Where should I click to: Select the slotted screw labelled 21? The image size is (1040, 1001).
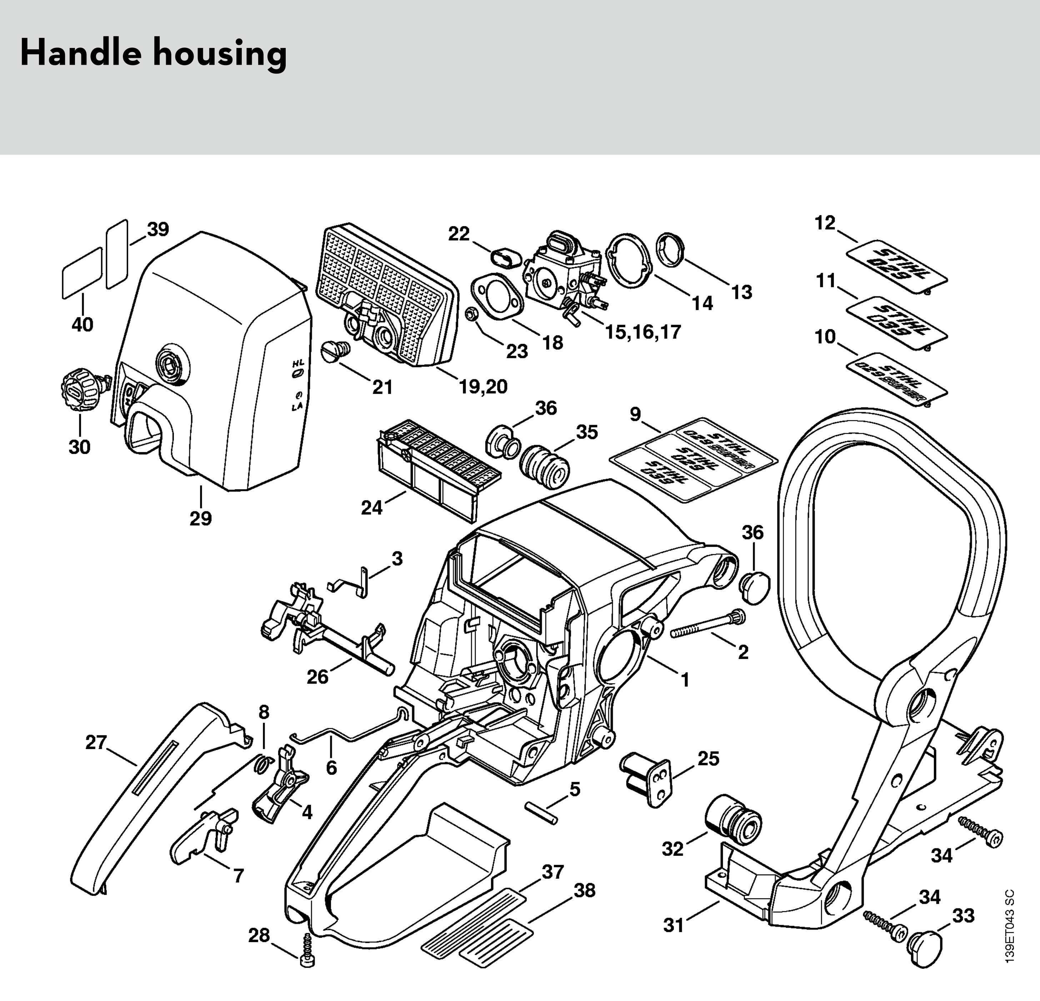(x=334, y=350)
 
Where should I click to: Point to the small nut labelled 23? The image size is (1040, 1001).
(x=471, y=314)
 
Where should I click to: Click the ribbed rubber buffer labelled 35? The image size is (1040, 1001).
(x=545, y=466)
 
